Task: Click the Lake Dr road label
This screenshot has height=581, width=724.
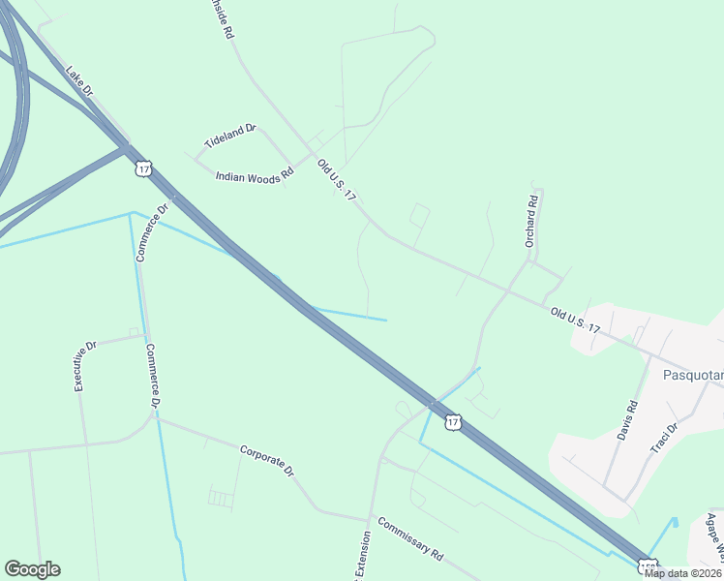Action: point(78,80)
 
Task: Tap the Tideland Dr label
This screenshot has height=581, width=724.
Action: point(229,136)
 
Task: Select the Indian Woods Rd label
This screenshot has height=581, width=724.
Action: point(254,176)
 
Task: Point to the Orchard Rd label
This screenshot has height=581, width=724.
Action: point(531,223)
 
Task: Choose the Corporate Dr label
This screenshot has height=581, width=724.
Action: point(266,459)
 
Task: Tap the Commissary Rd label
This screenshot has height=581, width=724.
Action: point(410,539)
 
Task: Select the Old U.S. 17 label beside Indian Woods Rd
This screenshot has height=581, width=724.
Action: point(337,180)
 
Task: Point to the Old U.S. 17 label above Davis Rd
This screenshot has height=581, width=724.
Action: point(575,321)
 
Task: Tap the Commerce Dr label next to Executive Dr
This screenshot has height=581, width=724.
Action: point(153,375)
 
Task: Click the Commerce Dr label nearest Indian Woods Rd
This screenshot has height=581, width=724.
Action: point(152,231)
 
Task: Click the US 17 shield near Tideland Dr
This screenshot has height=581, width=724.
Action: point(143,168)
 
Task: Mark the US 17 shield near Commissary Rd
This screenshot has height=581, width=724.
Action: point(452,421)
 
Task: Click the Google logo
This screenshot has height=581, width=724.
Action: point(32,569)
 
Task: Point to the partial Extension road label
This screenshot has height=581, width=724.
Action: point(362,556)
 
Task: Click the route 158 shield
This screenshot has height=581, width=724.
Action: point(647,566)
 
